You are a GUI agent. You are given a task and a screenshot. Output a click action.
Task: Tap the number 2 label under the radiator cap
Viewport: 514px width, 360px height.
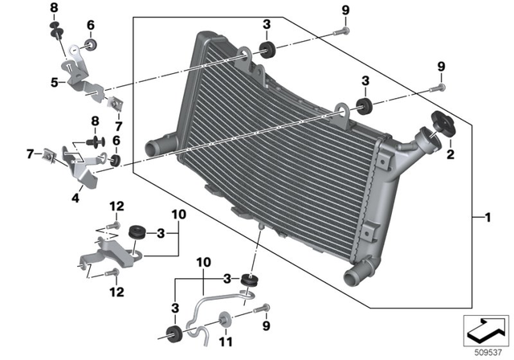[x=450, y=153]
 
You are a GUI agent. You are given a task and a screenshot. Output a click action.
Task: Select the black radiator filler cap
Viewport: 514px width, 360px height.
[x=443, y=125]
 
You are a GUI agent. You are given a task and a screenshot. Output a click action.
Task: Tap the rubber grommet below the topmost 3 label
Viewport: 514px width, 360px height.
[x=267, y=49]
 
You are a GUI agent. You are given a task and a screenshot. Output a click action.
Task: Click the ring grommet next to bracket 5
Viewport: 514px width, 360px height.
[x=90, y=43]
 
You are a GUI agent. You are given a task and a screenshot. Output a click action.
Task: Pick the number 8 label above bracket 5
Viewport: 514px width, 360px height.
[x=55, y=8]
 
